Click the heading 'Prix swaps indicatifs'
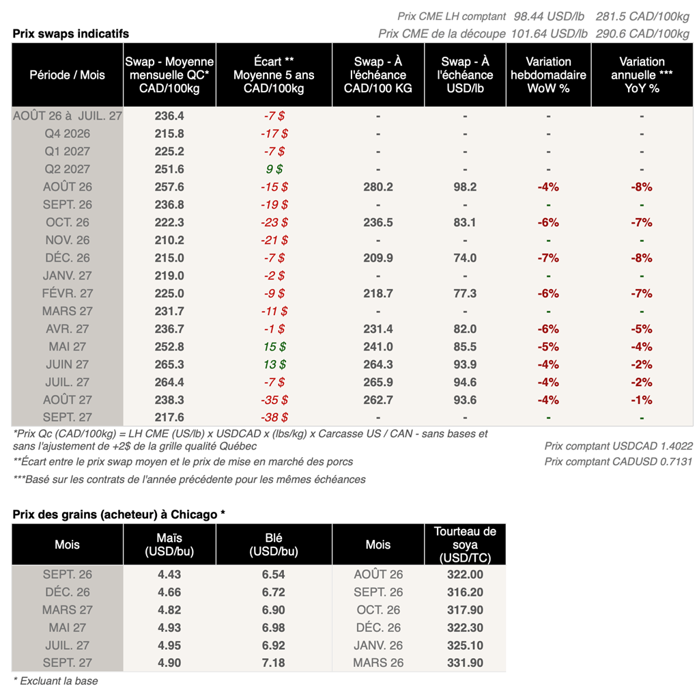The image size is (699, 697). coord(71,34)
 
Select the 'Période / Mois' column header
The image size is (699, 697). coord(68,75)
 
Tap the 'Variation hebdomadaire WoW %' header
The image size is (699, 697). coord(548,75)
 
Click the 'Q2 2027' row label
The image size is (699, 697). coord(68,169)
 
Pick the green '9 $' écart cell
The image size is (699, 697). coord(274,169)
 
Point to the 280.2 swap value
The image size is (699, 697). coord(378,187)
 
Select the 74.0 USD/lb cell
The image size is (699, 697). coord(465,258)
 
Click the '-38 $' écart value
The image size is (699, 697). coord(274,418)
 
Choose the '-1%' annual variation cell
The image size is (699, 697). coord(642,400)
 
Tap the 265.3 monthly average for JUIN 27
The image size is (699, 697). coord(169,365)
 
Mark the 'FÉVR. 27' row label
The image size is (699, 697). coord(68,294)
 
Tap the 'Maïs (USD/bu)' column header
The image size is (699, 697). coord(169,545)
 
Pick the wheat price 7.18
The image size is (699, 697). coord(273,663)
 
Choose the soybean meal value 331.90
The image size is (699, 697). coord(465,663)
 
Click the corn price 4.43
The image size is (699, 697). coord(169,575)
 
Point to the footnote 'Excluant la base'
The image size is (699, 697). coord(59,681)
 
